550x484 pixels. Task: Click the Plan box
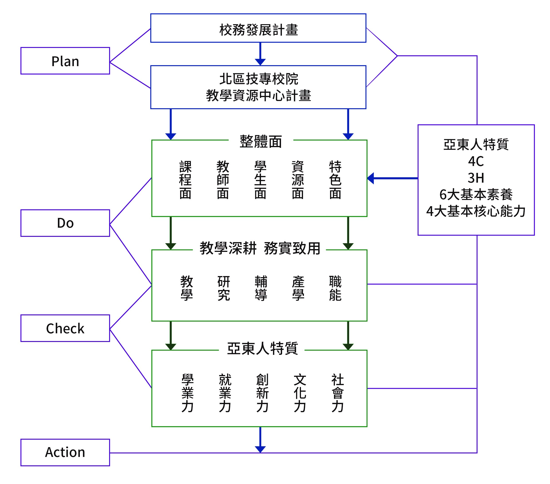coord(65,61)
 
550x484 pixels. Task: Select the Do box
coord(65,223)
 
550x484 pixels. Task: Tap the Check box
coord(65,328)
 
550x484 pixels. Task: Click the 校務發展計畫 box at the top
coord(258,28)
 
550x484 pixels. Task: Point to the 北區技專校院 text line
coord(259,79)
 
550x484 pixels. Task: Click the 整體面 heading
coord(261,142)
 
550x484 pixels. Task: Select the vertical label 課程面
coord(185,180)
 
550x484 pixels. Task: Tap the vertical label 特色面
coord(335,180)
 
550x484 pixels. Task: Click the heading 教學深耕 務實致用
coord(260,248)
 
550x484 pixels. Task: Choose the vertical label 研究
coord(224,288)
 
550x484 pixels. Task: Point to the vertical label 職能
coord(335,288)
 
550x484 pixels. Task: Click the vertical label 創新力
coord(262,393)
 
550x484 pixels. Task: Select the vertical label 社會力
coord(337,393)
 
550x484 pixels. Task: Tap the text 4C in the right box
coord(476,161)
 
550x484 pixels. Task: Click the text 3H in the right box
coord(476,178)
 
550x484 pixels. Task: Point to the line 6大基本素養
coord(476,195)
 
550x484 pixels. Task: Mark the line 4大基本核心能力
coord(476,211)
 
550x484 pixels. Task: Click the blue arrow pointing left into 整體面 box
coord(393,178)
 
